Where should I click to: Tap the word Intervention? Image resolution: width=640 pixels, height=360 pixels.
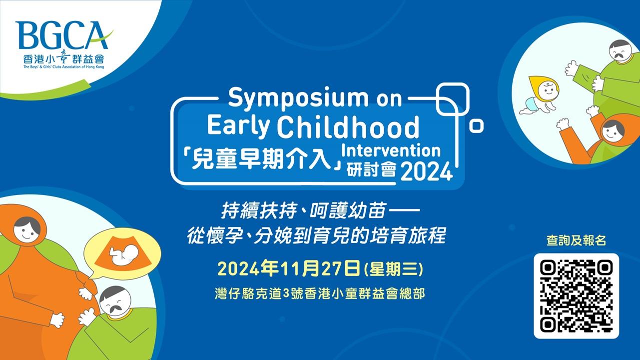pos(391,150)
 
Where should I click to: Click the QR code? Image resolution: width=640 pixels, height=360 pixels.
pos(576,296)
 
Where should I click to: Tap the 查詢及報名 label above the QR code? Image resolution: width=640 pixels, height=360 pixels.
pos(576,240)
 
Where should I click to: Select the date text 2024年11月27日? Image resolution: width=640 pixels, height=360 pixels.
pos(289,269)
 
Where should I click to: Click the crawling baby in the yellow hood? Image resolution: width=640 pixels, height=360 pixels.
pos(540,95)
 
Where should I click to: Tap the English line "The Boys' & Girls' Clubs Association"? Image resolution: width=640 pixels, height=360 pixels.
pos(64,67)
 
